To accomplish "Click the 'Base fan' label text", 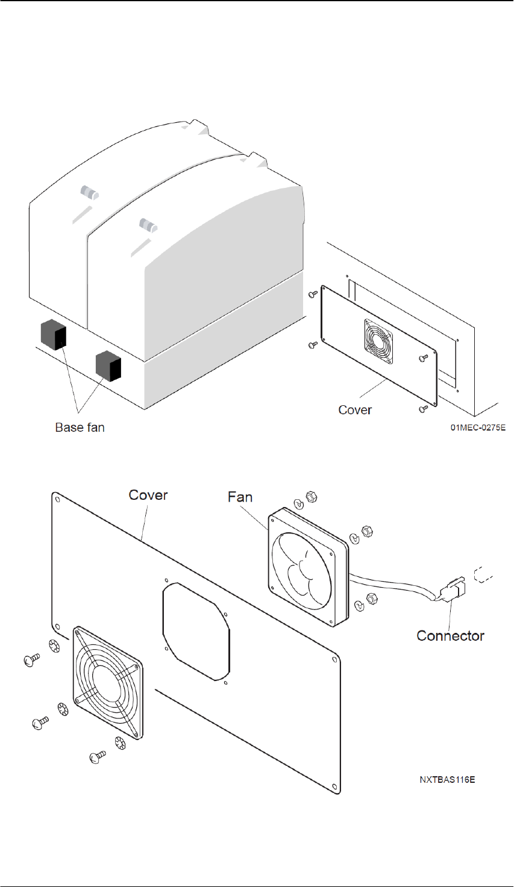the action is tap(80, 428).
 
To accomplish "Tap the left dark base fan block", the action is tap(54, 335).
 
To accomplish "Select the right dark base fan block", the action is tap(108, 366).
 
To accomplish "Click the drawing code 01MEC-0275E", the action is tap(478, 428).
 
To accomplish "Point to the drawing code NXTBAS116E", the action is tap(448, 780).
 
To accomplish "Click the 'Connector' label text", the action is tap(450, 636).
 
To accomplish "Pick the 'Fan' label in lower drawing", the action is tap(240, 497).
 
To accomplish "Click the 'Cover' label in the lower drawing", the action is tap(148, 495).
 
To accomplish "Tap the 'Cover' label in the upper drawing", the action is tap(355, 410).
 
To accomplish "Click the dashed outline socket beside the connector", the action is tap(483, 576).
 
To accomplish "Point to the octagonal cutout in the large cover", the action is tap(196, 632).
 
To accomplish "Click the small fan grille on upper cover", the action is tap(379, 341).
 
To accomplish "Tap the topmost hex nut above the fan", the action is tap(312, 497).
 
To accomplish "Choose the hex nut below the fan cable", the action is tap(371, 599).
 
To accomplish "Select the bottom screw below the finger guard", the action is tap(98, 756).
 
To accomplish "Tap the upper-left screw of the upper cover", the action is tap(313, 294).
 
